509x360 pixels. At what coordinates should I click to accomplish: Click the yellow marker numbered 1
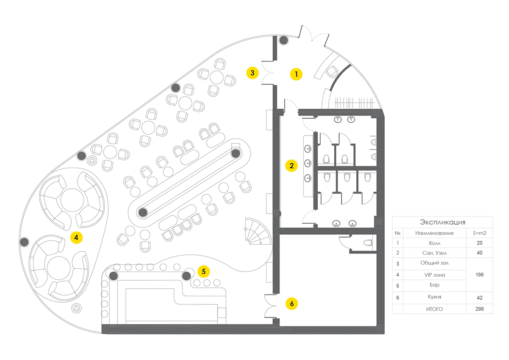tap(296, 74)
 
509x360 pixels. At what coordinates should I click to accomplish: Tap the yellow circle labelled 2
tap(291, 166)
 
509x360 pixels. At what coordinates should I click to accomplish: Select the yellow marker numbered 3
tap(252, 73)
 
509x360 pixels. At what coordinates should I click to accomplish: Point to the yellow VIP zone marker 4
tap(76, 238)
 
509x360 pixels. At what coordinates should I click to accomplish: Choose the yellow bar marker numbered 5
tap(204, 270)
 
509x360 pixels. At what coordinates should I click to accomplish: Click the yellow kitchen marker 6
tap(291, 304)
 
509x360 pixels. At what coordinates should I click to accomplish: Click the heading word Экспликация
tap(443, 222)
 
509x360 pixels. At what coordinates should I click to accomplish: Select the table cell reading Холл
tap(434, 243)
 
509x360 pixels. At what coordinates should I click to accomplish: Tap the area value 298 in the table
tap(479, 309)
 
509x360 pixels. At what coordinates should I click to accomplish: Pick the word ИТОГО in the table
tap(434, 309)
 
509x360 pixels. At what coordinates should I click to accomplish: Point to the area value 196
tap(479, 275)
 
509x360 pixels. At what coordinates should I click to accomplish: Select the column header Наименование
tap(434, 233)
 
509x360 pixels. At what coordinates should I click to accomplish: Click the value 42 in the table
tap(479, 297)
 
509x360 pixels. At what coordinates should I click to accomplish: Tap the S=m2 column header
tap(479, 233)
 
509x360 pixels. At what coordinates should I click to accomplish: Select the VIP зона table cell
tap(434, 275)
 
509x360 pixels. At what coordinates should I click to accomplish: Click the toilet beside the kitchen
tap(368, 243)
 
